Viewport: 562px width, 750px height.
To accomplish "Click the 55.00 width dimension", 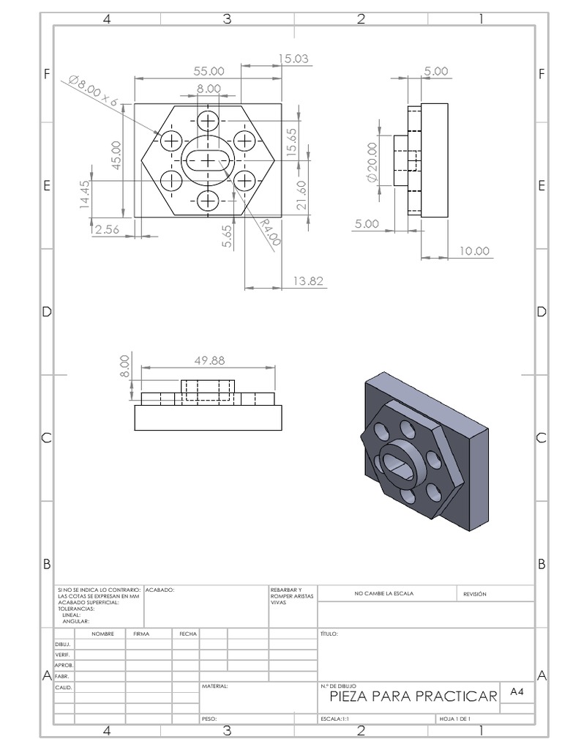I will click(x=208, y=71).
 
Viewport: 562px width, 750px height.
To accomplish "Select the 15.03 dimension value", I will click(x=293, y=59).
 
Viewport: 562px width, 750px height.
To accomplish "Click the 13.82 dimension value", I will click(x=307, y=281).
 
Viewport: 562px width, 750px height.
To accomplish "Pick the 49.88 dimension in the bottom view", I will click(x=209, y=360).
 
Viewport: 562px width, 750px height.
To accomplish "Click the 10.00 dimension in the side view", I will click(x=473, y=251).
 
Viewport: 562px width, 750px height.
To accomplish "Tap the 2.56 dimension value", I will click(x=106, y=229).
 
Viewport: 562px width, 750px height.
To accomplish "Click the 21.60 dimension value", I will click(x=301, y=196).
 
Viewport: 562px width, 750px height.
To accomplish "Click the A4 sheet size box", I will click(x=517, y=691).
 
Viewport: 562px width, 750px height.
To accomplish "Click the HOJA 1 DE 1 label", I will click(x=454, y=719).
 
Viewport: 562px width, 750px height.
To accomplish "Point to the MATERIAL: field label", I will click(x=214, y=687).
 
